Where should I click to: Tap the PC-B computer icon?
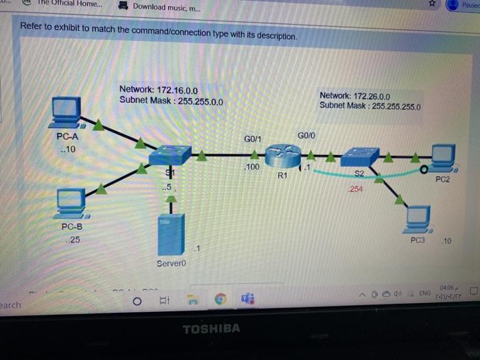pos(71,200)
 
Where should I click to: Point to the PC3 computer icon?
pos(418,218)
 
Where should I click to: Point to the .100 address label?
pos(252,167)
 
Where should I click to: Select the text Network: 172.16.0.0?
pos(158,90)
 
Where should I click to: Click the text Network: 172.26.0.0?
pos(355,96)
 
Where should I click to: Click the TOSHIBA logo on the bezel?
pos(211,328)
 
